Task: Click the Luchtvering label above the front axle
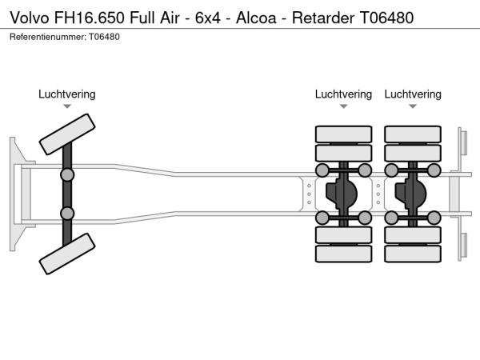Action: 67,94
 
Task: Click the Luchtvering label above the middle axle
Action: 343,94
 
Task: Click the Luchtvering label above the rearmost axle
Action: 413,94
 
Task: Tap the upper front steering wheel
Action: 68,134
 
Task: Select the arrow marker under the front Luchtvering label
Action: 67,106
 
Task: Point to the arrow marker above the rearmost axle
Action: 413,106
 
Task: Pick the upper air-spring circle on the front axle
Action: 67,174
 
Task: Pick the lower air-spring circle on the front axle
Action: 67,213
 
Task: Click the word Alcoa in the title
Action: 263,17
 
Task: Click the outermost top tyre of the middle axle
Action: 343,134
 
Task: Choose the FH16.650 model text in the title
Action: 94,17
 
